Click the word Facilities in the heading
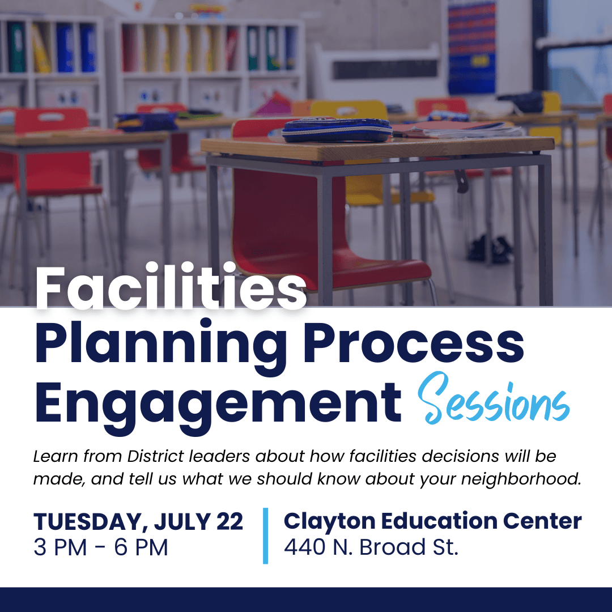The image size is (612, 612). click(x=171, y=287)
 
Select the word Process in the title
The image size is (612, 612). click(x=413, y=343)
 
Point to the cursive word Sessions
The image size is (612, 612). click(x=494, y=399)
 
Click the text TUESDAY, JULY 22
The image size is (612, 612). click(x=138, y=521)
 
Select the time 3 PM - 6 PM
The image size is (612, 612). click(x=101, y=547)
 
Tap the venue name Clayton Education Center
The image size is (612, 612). click(x=432, y=521)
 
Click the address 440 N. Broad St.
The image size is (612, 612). click(x=371, y=547)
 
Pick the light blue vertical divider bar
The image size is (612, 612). click(x=265, y=535)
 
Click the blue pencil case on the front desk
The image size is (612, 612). click(x=337, y=130)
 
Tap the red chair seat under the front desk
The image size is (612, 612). click(x=371, y=269)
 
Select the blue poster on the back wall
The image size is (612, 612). click(x=471, y=48)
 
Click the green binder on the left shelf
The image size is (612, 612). click(x=16, y=47)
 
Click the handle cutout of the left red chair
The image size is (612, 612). click(x=51, y=117)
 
